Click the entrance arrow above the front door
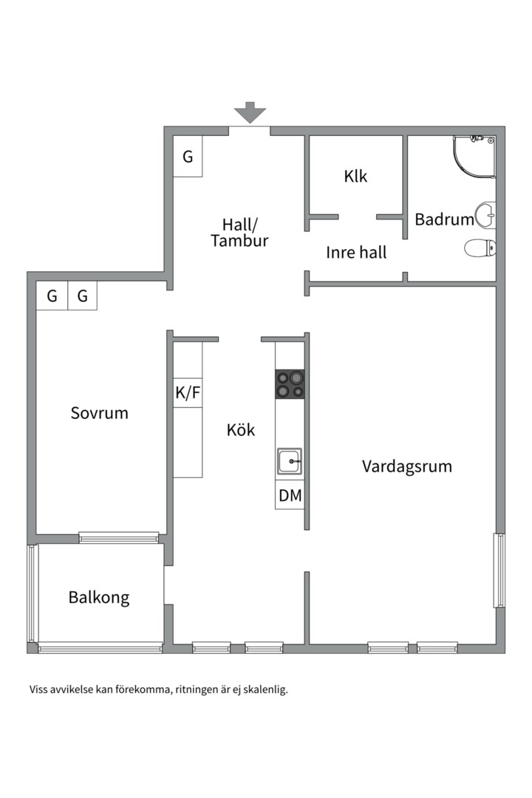coord(250,112)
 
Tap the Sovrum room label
coord(99,413)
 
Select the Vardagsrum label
coord(406,467)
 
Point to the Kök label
coord(241,430)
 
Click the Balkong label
coord(99,598)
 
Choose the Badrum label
coord(443,219)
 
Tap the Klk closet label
coord(355,177)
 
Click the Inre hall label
coord(356,253)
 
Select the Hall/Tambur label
coord(239,233)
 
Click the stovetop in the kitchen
coord(290,384)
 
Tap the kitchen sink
coord(289,461)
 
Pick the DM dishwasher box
coord(290,496)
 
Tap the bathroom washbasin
coord(485,216)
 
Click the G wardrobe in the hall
coord(188,157)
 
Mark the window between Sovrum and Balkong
coord(119,537)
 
